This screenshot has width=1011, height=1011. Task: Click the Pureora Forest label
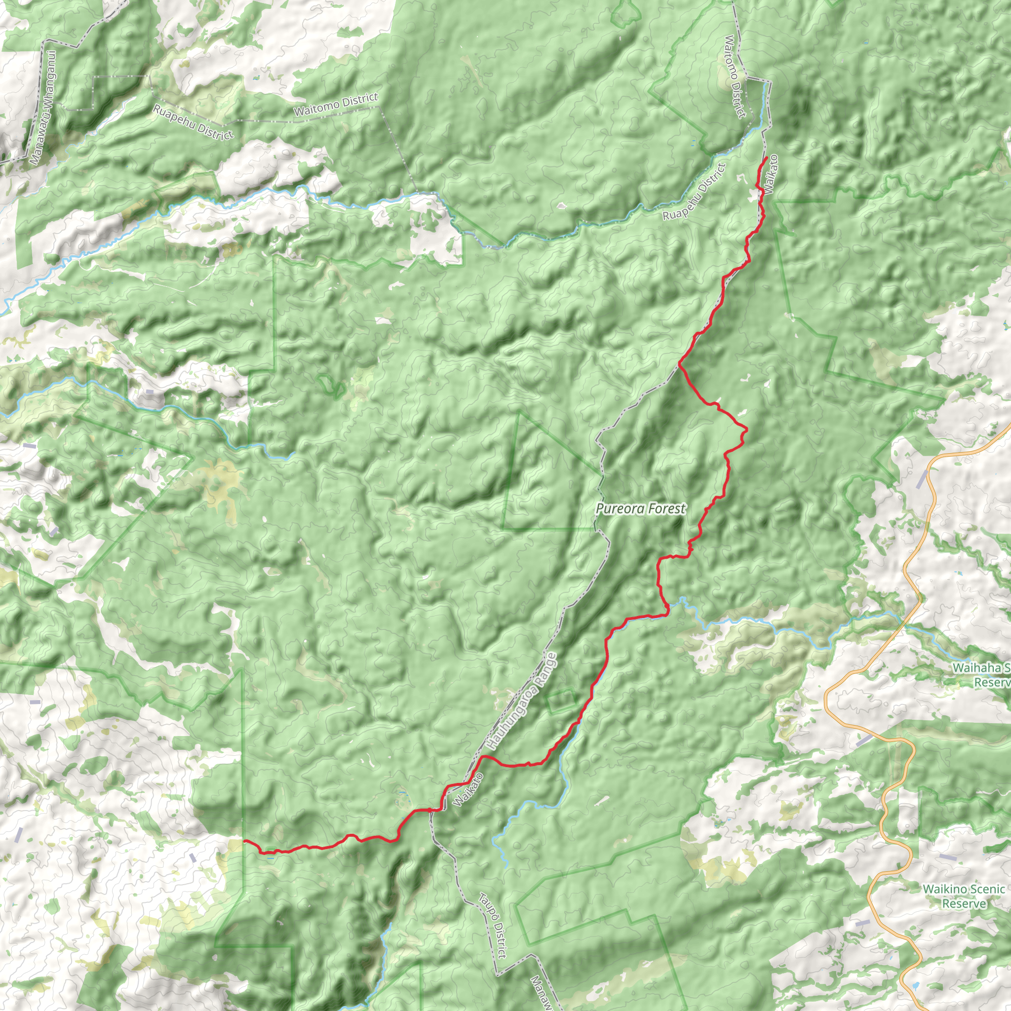(640, 508)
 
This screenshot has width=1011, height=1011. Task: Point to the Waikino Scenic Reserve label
(964, 896)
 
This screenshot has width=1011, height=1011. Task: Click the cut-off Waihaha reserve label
(981, 675)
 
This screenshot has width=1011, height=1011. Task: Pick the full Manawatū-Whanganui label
(43, 108)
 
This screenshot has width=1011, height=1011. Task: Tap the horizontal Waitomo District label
(335, 104)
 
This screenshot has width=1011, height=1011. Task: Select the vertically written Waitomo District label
(735, 77)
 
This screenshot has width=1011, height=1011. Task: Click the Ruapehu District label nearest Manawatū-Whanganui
(193, 122)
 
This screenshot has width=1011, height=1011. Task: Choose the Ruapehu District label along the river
(695, 192)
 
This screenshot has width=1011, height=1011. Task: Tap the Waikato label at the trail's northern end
(770, 173)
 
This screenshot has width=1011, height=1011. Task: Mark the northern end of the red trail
(767, 157)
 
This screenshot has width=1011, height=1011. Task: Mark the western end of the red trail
(244, 840)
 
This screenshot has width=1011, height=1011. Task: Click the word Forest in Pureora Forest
(665, 508)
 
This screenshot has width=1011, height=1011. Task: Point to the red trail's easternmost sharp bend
(746, 429)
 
